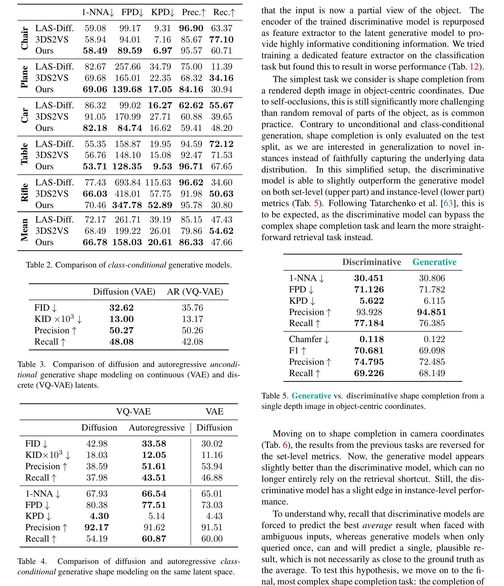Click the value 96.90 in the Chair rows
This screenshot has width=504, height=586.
[191, 28]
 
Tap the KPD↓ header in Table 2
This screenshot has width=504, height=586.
[163, 13]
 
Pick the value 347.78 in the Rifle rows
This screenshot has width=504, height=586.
[127, 205]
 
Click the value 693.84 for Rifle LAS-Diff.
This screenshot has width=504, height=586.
[127, 183]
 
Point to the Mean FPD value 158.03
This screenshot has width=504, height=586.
[127, 242]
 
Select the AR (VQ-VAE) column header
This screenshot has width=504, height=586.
[195, 292]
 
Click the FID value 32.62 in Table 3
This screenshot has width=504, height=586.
[121, 308]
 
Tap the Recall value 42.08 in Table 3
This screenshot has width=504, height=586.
[192, 342]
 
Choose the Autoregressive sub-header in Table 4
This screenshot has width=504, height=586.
[157, 428]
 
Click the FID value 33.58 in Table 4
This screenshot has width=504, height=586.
[154, 444]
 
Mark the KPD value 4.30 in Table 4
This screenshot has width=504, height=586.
[99, 516]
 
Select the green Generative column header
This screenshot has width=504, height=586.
[434, 262]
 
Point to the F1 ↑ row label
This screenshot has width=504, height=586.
[298, 351]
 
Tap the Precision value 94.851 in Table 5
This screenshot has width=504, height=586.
[431, 312]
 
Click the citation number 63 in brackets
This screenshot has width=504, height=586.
[448, 203]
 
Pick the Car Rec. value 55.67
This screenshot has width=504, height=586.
[221, 105]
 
